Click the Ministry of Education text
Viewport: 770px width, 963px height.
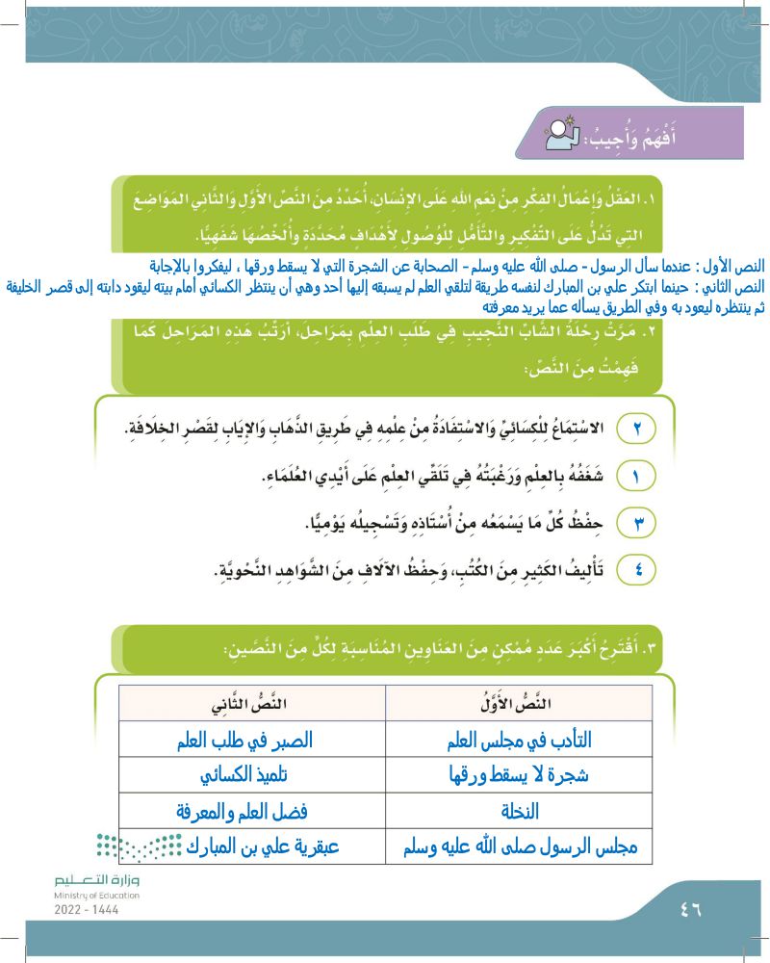coord(96,896)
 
